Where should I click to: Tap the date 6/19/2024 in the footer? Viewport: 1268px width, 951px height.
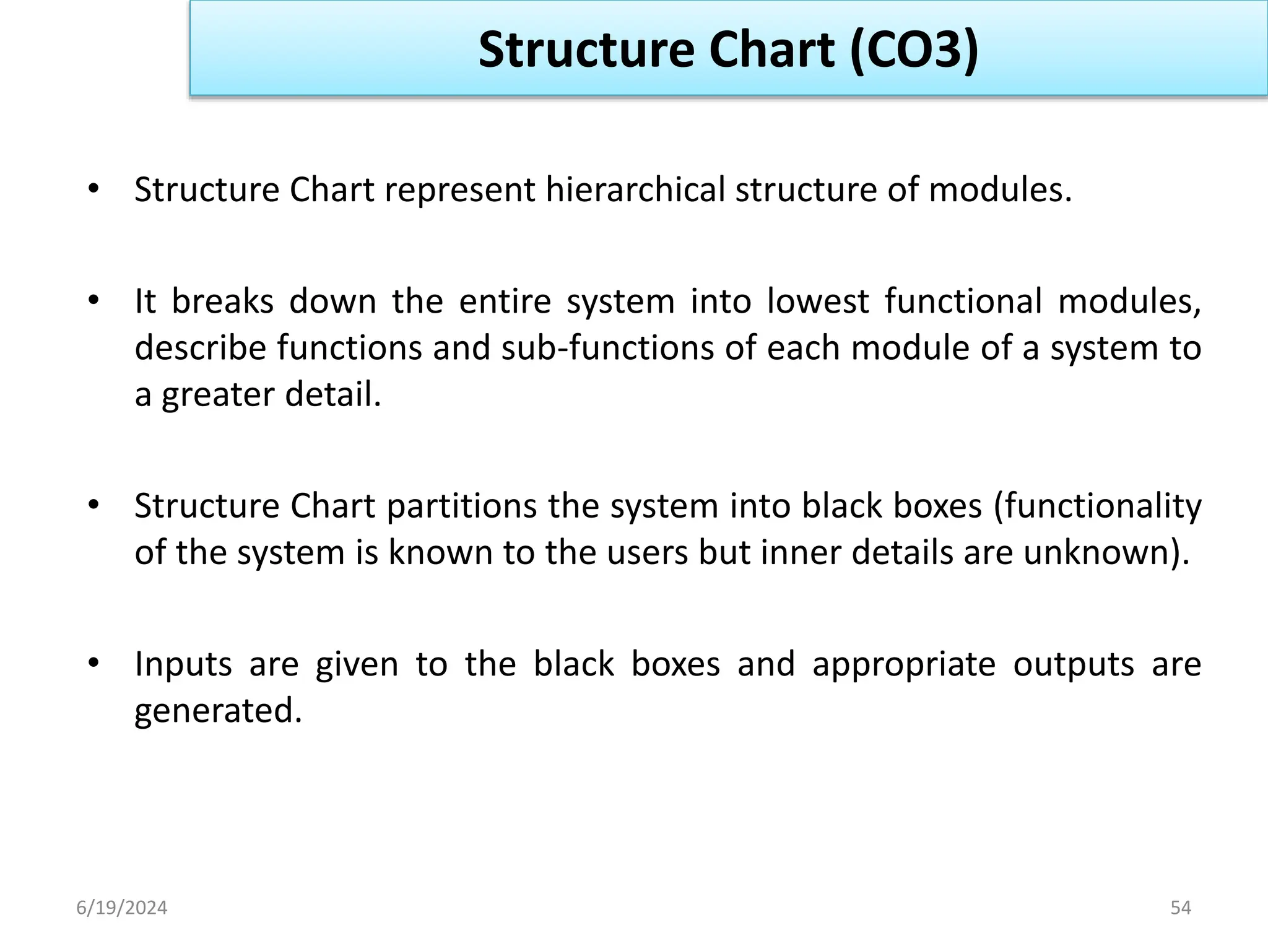121,908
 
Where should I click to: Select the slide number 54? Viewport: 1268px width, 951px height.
1180,908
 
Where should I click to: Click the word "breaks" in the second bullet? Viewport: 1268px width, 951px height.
222,302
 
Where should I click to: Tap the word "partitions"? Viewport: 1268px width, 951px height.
462,506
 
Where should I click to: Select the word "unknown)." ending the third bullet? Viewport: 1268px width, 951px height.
1106,552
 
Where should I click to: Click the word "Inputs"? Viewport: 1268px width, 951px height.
183,664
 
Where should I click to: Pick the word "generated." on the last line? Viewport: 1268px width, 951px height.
218,711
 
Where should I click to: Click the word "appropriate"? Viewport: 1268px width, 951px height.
904,664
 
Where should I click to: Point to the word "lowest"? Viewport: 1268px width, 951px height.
817,302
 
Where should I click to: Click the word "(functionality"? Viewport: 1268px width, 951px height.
1097,506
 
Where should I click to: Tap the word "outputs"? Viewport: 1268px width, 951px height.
1074,664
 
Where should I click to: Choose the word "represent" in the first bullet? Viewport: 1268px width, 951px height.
459,189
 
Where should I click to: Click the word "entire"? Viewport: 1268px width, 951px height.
505,302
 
